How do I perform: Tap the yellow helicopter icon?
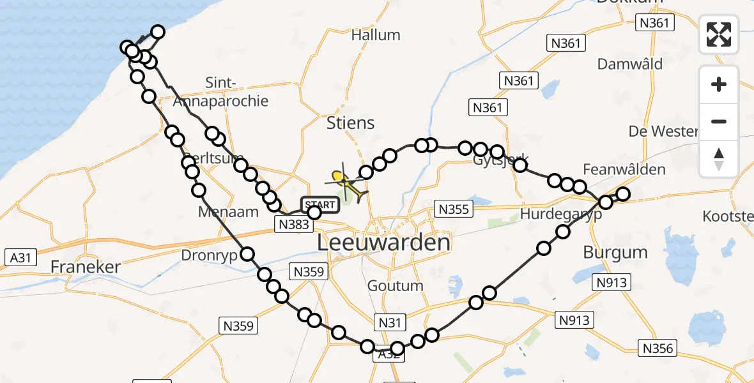tap(345, 183)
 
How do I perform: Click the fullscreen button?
tap(719, 34)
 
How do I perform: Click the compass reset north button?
tap(719, 159)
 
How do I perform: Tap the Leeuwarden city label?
tap(384, 243)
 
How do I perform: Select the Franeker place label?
tap(86, 266)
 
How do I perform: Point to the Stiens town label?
tap(350, 123)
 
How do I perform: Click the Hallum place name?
tap(376, 34)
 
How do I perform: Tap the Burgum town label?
tap(615, 252)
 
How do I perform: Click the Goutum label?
tap(395, 285)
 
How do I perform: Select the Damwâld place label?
tap(629, 64)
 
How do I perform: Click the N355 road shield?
tap(452, 208)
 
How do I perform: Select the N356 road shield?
tap(658, 348)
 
